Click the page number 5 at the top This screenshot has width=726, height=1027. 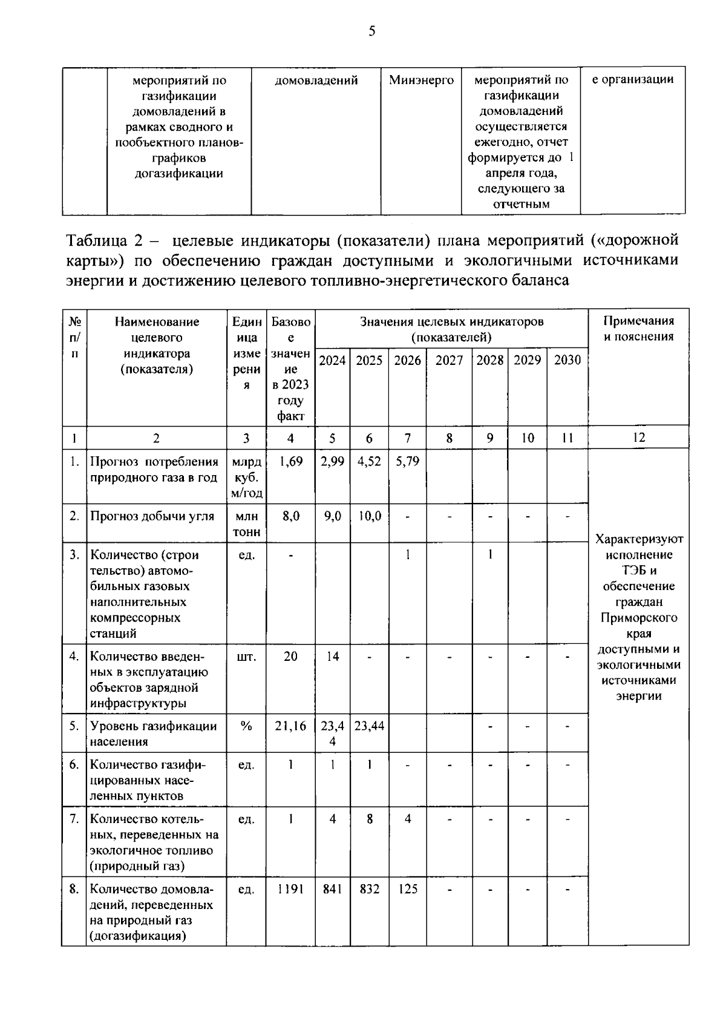[371, 31]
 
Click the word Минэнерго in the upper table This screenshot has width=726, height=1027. [421, 80]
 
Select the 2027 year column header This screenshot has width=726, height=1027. [449, 361]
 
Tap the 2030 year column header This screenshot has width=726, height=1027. [567, 361]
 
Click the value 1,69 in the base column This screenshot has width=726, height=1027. [290, 462]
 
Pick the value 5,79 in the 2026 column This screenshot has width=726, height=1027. [407, 462]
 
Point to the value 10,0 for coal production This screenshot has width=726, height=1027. [369, 516]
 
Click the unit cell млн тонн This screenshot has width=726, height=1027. [246, 524]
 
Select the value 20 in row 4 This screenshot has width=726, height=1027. [290, 657]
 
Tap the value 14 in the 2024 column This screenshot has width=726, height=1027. [332, 657]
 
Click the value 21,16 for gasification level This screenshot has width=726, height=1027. [290, 726]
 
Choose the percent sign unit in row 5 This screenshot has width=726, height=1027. [246, 726]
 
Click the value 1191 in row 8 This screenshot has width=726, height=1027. [290, 890]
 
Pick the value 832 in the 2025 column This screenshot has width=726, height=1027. [369, 890]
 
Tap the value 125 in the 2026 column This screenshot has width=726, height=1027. [407, 890]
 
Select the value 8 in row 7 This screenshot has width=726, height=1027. [369, 819]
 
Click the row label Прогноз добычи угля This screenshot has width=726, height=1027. [152, 516]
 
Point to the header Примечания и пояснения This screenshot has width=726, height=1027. [638, 329]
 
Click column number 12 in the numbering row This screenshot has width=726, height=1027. [638, 438]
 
